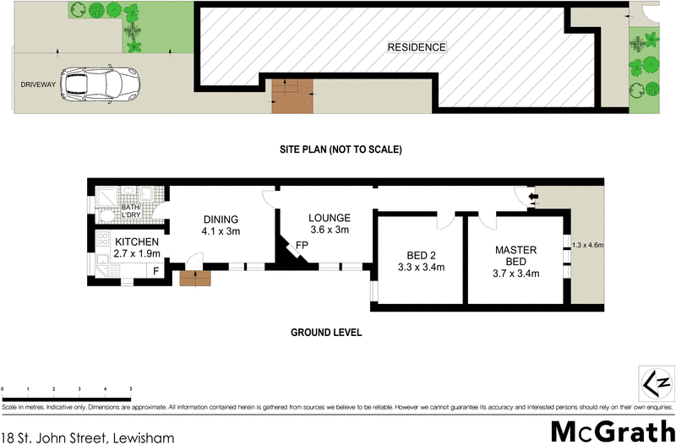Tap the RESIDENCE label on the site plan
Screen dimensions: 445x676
[416, 47]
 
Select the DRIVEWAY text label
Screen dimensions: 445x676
[39, 84]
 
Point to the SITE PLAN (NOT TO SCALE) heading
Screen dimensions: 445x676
[341, 149]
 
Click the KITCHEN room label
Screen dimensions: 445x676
[137, 241]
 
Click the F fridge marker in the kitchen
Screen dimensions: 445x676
[155, 271]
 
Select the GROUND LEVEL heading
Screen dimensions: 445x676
[326, 333]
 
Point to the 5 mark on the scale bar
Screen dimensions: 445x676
[130, 389]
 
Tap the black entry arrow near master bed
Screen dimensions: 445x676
[532, 198]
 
